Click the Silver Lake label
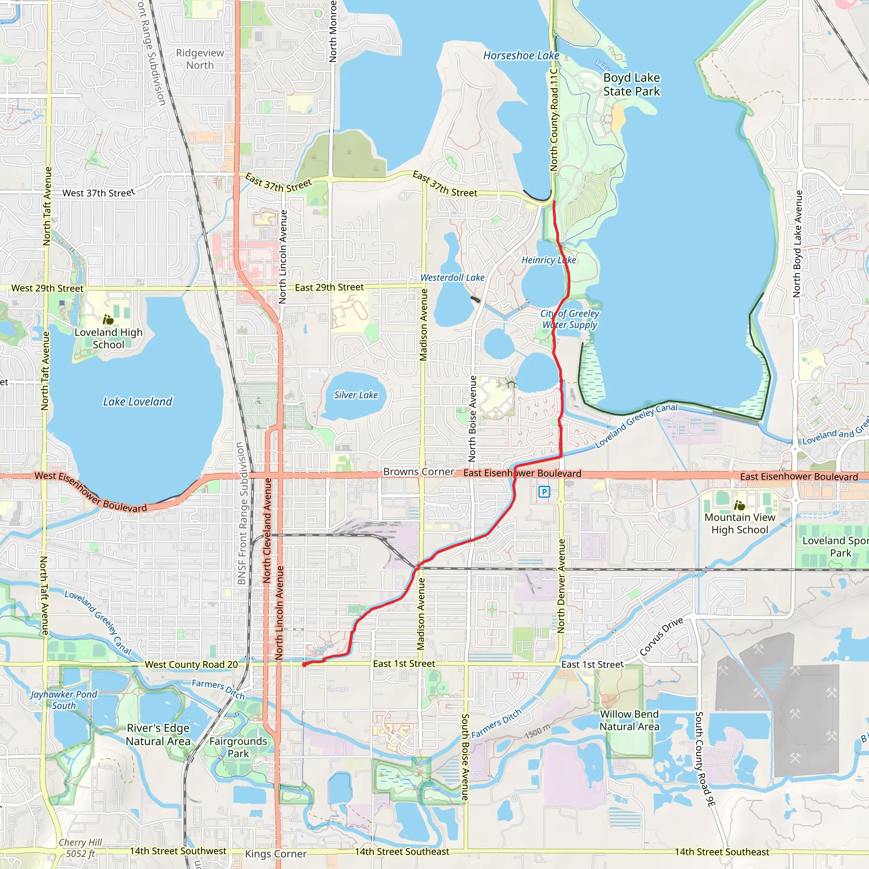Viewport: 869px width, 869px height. pos(356,395)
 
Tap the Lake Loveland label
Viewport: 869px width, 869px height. pos(137,402)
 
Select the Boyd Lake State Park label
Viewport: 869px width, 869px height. pos(631,84)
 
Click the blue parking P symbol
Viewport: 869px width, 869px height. pos(544,492)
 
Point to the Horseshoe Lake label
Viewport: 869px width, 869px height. pos(521,56)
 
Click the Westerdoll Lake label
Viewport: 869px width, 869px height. pos(452,278)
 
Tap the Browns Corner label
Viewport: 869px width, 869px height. pos(418,472)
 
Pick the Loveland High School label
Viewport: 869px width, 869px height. pos(108,338)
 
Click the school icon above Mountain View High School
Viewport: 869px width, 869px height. pos(739,505)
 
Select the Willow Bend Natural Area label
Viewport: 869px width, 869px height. pos(629,720)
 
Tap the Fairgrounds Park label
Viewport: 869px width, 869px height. pos(238,747)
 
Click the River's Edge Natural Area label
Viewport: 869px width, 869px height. pos(158,734)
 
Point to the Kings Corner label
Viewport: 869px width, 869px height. pos(276,854)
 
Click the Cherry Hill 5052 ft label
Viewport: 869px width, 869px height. pos(81,848)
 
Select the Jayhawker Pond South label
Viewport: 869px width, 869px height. pos(64,700)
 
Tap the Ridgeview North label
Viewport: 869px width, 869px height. pos(200,59)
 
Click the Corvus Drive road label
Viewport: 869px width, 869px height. pos(661,637)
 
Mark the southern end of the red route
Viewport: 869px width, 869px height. pos(305,664)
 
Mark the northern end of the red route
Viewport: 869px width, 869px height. pos(554,202)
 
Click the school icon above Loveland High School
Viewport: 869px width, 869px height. pos(108,320)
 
